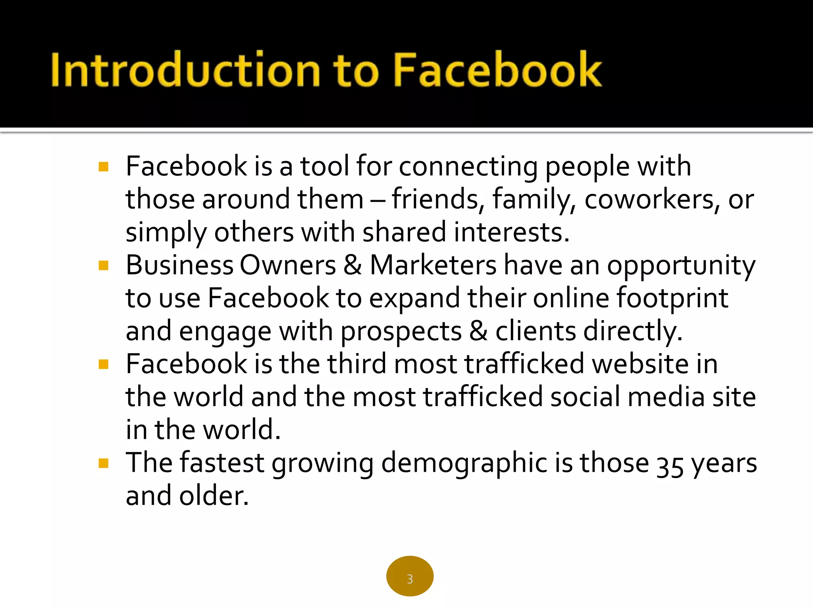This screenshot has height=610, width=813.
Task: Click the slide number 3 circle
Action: pos(410,576)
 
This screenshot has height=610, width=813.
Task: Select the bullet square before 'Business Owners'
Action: pos(104,265)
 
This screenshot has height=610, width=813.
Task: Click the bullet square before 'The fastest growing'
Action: pos(104,463)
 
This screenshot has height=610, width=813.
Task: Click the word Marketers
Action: pos(433,265)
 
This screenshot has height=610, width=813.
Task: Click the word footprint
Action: pos(672,298)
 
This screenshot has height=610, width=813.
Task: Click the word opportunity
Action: pos(681,266)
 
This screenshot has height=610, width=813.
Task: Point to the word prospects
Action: pos(401,332)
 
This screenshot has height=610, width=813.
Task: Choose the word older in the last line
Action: pos(214,496)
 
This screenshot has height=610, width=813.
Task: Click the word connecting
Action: pos(468,167)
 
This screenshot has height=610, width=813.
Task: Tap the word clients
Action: pos(536,331)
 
